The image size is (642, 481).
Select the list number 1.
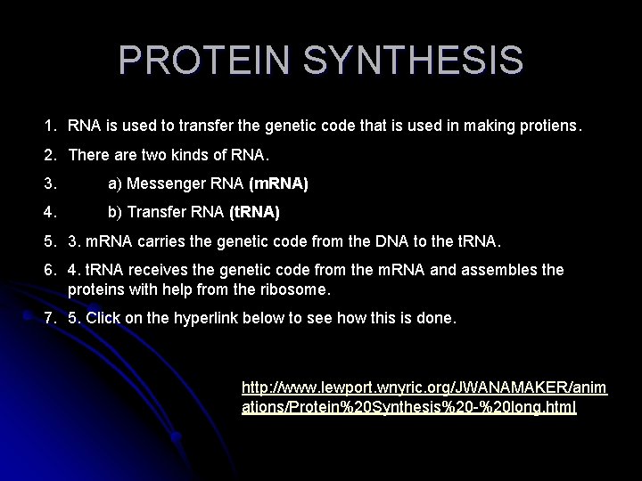point(51,127)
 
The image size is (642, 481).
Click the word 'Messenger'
point(167,184)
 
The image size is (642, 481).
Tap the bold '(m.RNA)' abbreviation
point(279,184)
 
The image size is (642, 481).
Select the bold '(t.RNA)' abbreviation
point(254,213)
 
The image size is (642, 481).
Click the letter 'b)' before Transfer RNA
point(115,213)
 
